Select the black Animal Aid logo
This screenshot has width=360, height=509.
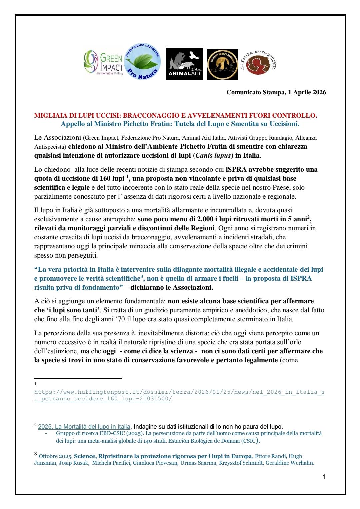tap(184, 64)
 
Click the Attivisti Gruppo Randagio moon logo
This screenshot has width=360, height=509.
tap(222, 64)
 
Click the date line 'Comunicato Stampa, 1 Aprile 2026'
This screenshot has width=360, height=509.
tap(276, 92)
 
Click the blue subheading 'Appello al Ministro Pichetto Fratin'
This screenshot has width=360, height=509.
tap(180, 124)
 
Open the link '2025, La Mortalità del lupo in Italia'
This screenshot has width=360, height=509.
tap(84, 426)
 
